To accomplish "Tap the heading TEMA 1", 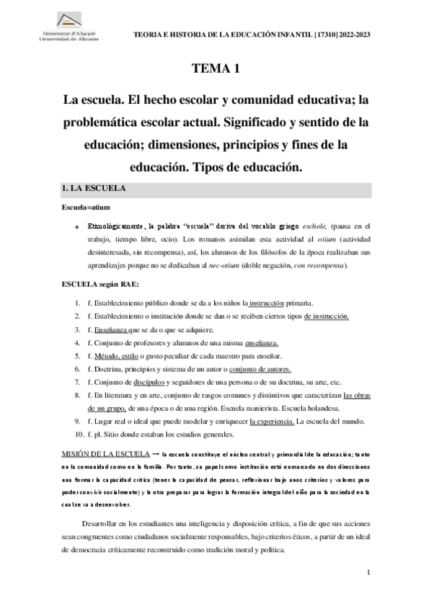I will tap(215, 70).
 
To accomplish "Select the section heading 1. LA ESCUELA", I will tap(95, 189).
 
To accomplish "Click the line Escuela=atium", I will tap(86, 208).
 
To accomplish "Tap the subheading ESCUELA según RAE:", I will tap(105, 285).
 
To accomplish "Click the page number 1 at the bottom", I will tap(368, 573).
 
